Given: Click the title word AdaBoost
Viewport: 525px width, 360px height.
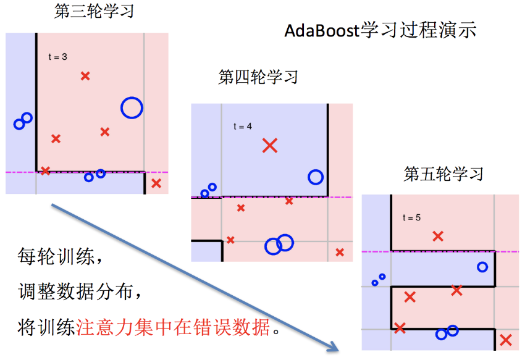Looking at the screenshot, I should coord(321,31).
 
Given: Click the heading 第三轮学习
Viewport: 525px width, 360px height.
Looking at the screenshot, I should coord(94,12).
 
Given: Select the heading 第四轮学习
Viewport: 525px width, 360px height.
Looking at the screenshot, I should coord(258,77).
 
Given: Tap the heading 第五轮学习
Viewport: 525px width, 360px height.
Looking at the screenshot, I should coord(443,174).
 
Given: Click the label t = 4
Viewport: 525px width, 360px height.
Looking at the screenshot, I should coord(242,127).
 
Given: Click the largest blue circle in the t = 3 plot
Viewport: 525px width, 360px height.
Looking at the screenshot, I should coord(132,108).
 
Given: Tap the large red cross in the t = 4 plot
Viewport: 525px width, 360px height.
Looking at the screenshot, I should coord(270,146).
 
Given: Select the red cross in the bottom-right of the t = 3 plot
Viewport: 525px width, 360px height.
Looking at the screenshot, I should coord(156,183).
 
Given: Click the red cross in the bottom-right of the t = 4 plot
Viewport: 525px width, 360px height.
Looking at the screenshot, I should coord(340,252).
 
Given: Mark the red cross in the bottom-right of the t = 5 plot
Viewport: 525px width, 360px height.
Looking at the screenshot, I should coord(506,340).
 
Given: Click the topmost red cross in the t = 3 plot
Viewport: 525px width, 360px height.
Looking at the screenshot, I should coord(86,76).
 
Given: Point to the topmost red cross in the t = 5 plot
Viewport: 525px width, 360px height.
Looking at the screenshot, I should coord(438,236).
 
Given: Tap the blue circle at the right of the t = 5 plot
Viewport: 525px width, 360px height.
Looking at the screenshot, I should coord(482,267).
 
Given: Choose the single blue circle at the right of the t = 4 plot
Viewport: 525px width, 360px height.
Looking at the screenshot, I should coord(316,177).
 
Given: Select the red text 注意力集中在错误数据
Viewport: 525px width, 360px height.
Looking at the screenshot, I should coord(173,327).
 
